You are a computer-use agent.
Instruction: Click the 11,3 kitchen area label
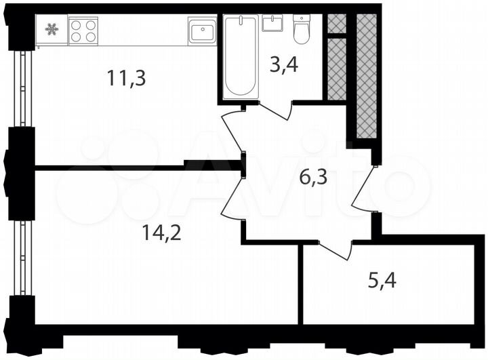pyautogui.click(x=127, y=77)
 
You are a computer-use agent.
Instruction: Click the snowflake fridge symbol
pyautogui.click(x=52, y=29)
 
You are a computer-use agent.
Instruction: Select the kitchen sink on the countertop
pyautogui.click(x=201, y=31)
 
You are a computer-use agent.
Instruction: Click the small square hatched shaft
pyautogui.click(x=336, y=23)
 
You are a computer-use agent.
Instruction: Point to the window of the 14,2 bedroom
pyautogui.click(x=26, y=258)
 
